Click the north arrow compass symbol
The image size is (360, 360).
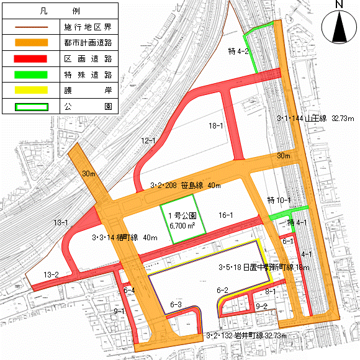pyautogui.click(x=339, y=24)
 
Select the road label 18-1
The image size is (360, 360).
pyautogui.click(x=216, y=126)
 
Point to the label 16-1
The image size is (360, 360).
pyautogui.click(x=225, y=215)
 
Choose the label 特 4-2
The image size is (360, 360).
pyautogui.click(x=239, y=52)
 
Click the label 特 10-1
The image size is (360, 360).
pyautogui.click(x=279, y=200)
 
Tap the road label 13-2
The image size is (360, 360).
pyautogui.click(x=52, y=274)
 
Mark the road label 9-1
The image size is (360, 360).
pyautogui.click(x=119, y=311)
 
